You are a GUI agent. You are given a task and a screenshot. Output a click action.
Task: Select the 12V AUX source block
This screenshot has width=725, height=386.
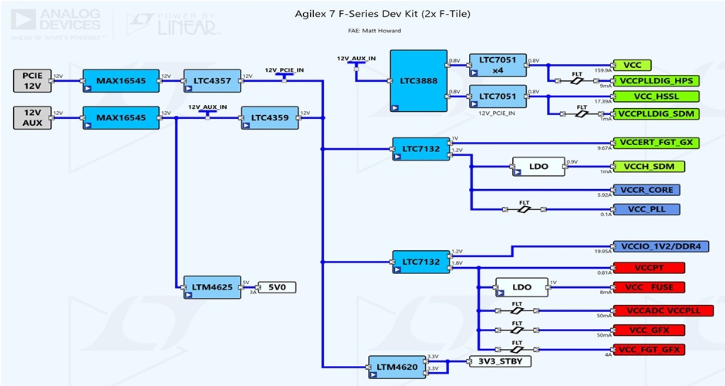[32, 117]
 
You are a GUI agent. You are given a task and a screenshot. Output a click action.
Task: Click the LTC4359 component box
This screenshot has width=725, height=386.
[269, 117]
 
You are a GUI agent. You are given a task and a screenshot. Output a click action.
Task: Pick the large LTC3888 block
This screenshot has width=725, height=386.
[418, 82]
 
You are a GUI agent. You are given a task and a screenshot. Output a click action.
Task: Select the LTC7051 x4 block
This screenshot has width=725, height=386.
[497, 65]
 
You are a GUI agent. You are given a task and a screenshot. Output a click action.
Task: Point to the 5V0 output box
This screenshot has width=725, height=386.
[276, 287]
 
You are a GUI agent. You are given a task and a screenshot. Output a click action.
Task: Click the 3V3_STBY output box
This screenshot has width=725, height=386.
[500, 361]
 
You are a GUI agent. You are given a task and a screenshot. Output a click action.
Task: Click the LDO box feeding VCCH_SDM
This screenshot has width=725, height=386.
[538, 167]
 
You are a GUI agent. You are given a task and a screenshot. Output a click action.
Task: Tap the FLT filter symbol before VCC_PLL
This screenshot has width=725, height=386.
[524, 209]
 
